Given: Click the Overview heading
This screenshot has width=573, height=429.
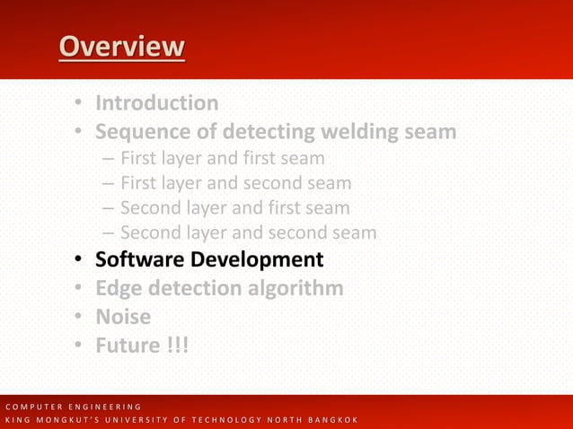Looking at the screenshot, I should (x=122, y=47).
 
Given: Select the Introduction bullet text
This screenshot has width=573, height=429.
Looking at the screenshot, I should (x=157, y=103).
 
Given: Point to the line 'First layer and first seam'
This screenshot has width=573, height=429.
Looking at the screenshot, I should (x=222, y=159).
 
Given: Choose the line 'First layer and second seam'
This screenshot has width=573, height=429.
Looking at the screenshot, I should (x=235, y=183).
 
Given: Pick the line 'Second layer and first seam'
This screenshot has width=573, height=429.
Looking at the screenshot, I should (x=234, y=208).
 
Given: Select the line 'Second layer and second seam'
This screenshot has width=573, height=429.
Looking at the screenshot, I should (x=248, y=233).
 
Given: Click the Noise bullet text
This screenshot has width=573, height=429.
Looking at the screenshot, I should (x=123, y=317).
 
